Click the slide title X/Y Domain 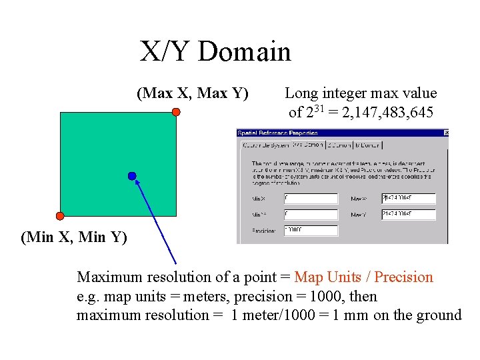[x=215, y=51]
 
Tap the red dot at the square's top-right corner [x=176, y=112]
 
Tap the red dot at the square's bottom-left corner [x=60, y=216]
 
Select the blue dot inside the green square [x=132, y=176]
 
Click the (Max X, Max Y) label [x=193, y=93]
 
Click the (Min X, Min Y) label [x=74, y=237]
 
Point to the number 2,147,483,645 [x=388, y=112]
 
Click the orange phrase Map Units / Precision [x=363, y=277]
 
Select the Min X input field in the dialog [x=311, y=199]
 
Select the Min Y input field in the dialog [x=311, y=215]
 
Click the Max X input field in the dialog [x=408, y=199]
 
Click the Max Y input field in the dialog [x=408, y=215]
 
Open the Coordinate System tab [x=264, y=145]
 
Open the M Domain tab [x=367, y=145]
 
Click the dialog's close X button [x=446, y=133]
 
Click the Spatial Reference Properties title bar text [x=276, y=133]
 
